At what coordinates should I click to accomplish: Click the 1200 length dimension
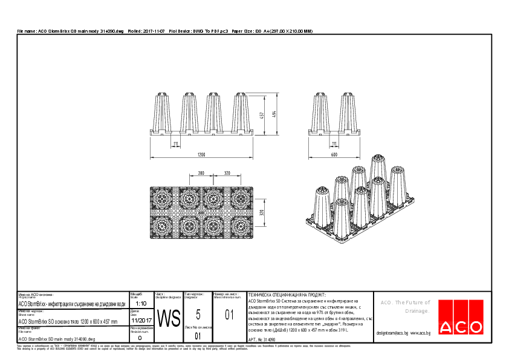point(200,155)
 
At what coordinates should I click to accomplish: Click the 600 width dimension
point(333,155)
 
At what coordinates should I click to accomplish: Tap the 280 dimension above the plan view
point(201,173)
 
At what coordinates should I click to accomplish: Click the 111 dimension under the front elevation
point(175,143)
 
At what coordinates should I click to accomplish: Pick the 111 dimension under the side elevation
point(334,143)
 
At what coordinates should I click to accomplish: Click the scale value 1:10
point(140,303)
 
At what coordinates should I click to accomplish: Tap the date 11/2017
point(140,321)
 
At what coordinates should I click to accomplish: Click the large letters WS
point(169,318)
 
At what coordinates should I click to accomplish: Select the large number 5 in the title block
point(198,314)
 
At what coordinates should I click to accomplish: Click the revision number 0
point(140,338)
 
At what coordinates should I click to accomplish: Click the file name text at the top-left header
point(70,30)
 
